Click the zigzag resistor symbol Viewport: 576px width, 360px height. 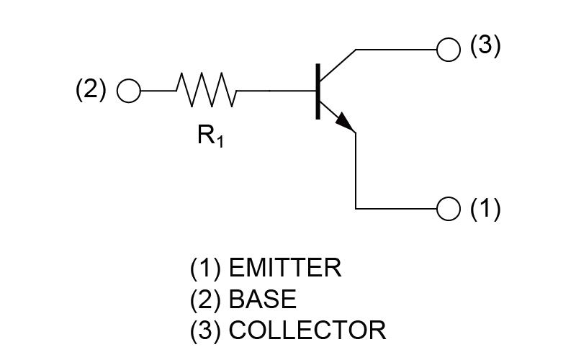point(206,90)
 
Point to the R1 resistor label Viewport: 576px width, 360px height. point(210,135)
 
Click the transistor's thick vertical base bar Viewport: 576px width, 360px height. point(318,91)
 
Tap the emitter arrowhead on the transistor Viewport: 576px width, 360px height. point(346,122)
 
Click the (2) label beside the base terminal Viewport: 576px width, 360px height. point(91,89)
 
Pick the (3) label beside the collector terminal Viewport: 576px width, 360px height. point(485,45)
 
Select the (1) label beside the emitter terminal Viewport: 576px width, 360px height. point(485,209)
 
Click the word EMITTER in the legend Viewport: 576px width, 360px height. point(285,268)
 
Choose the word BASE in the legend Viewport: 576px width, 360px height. point(263,299)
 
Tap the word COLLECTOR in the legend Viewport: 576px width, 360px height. point(307,330)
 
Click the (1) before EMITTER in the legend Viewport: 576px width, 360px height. point(206,268)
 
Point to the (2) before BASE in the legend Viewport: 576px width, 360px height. point(206,300)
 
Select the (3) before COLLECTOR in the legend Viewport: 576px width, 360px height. point(206,330)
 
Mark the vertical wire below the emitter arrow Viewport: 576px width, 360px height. point(356,171)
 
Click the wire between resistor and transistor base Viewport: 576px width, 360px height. point(276,91)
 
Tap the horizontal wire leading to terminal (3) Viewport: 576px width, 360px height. point(397,49)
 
